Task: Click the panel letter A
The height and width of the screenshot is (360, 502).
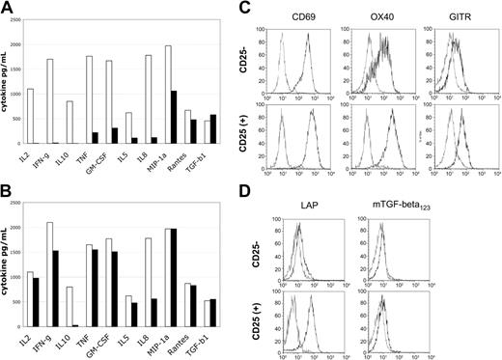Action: coord(7,8)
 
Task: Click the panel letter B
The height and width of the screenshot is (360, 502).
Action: coord(7,190)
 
